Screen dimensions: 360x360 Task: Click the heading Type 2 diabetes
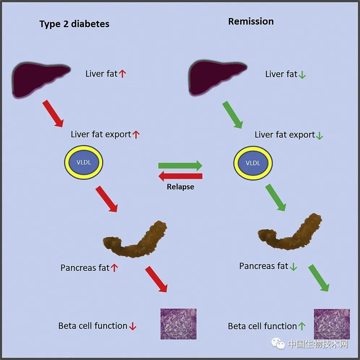[x=74, y=24]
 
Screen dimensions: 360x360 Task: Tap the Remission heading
[x=251, y=21]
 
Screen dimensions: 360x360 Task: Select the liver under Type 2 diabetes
[x=41, y=80]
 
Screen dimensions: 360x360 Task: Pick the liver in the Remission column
[x=218, y=77]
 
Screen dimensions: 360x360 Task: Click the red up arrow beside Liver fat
[x=123, y=74]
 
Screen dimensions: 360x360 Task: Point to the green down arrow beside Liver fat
[x=302, y=75]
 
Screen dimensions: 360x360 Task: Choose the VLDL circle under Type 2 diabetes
[x=83, y=162]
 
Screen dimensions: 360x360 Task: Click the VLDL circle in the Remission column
[x=253, y=163]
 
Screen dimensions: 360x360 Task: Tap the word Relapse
[x=180, y=187]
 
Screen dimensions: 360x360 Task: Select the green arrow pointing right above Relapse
[x=180, y=166]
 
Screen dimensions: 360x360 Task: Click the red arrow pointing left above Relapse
[x=180, y=176]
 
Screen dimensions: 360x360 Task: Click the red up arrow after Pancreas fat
[x=114, y=268]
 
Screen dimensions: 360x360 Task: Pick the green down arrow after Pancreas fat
[x=293, y=266]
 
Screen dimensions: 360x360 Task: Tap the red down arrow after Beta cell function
[x=133, y=326]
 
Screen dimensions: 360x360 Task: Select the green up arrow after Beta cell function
[x=302, y=326]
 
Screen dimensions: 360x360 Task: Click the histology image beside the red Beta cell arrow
[x=179, y=324]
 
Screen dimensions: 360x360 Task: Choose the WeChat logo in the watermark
[x=278, y=343]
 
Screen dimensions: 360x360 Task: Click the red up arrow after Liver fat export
[x=136, y=134]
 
